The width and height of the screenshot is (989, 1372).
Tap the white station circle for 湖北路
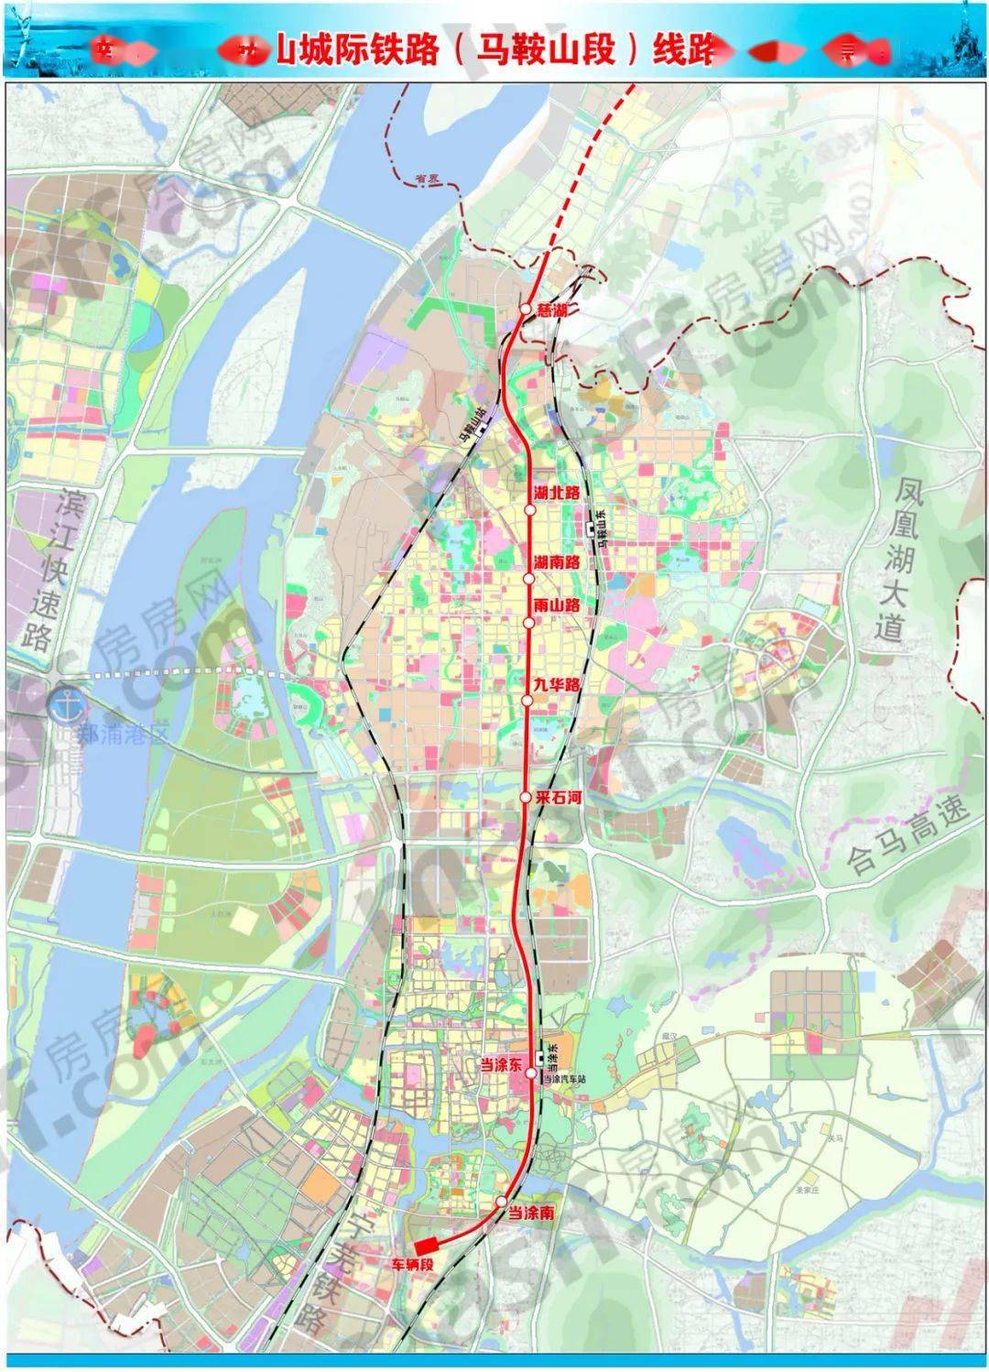point(530,510)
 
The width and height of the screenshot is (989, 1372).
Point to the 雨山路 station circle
point(528,623)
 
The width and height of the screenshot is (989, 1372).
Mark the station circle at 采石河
point(526,798)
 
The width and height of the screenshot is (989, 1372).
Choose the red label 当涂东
point(502,1064)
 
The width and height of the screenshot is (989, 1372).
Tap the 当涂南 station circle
point(501,1201)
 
